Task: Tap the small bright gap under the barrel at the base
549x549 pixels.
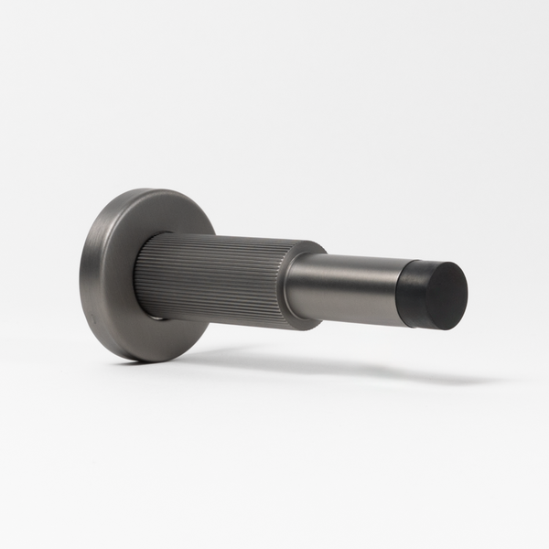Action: (157, 318)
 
